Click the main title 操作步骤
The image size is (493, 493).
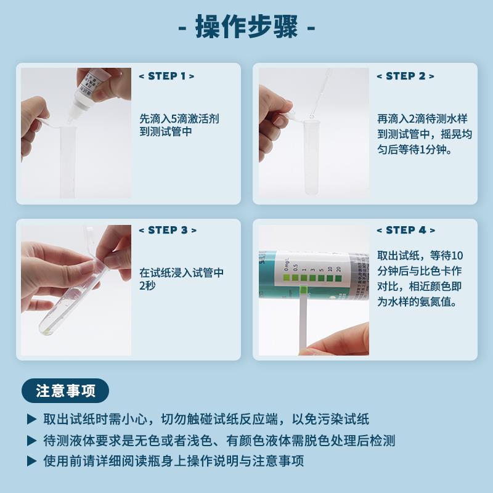[246, 27]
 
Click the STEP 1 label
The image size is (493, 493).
[166, 76]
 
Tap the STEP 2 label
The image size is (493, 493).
[405, 76]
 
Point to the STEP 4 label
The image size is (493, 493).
[405, 230]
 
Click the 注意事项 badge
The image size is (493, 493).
[65, 391]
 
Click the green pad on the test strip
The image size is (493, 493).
[304, 289]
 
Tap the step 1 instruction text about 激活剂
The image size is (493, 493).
[179, 125]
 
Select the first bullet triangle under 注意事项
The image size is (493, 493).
[31, 420]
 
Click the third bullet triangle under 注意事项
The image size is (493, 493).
[31, 461]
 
